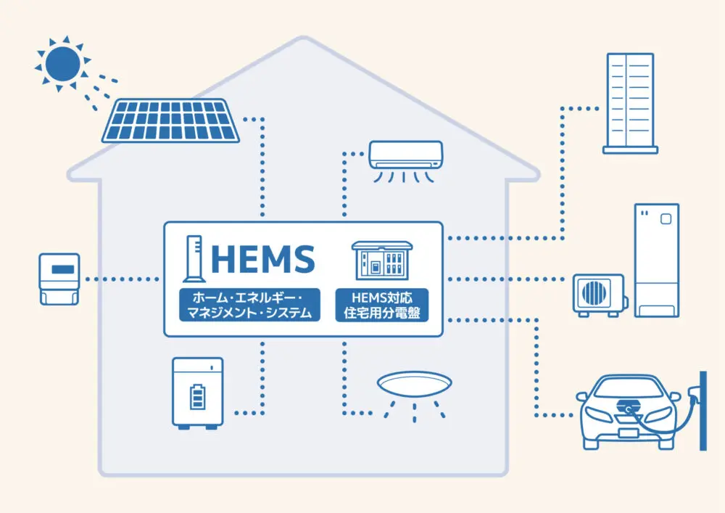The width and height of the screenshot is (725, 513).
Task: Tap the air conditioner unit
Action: (x=405, y=155)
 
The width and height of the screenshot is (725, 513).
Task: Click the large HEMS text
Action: (x=262, y=258)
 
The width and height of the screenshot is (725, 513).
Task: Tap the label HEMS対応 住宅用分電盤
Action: (x=382, y=305)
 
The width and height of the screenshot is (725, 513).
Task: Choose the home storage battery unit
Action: (x=197, y=391)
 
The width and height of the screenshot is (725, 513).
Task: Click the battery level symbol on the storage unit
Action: (x=197, y=398)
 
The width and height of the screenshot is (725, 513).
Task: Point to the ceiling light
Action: (x=414, y=385)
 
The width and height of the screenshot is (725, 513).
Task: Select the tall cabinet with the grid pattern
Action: (x=629, y=102)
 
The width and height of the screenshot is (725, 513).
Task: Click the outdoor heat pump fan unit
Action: (x=598, y=294)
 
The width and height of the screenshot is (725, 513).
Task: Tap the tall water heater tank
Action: (x=657, y=260)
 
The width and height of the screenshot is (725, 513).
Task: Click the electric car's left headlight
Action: (x=598, y=411)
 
